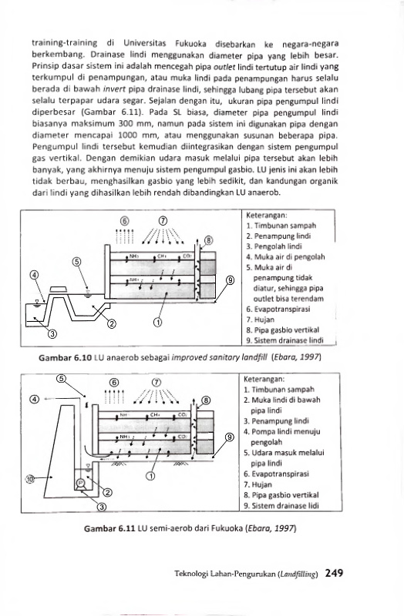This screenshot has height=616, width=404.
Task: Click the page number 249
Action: coord(334,573)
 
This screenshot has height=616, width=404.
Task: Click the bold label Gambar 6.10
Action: coord(66,357)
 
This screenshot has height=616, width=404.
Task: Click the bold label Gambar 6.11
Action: coord(109,528)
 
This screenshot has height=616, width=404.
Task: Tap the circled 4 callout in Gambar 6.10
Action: coord(35,275)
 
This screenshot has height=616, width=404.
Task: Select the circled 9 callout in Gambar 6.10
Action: coord(230,280)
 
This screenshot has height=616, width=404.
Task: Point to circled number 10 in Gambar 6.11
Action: coord(30,478)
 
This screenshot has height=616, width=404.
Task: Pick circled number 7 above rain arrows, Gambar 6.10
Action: coord(163,221)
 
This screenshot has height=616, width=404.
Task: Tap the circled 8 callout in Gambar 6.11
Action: coord(207,400)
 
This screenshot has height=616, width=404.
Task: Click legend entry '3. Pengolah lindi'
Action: coord(274,246)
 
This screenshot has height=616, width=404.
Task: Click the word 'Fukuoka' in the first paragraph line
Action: coord(191,43)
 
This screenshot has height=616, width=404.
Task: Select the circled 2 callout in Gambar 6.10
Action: coord(112,323)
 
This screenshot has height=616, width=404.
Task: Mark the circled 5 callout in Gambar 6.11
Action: coord(61,379)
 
